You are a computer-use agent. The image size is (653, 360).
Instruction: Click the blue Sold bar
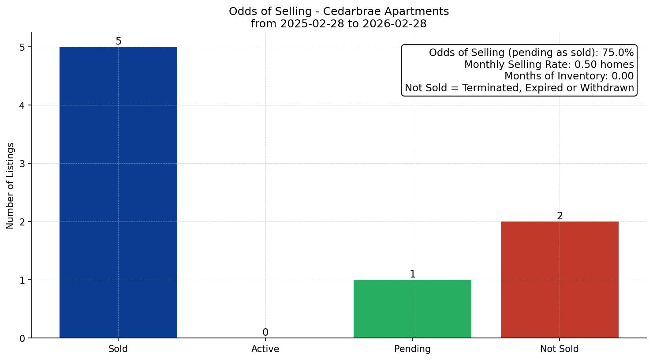pos(118,192)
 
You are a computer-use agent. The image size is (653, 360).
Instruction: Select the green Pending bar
pos(412,309)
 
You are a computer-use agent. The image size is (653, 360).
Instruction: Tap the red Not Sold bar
pos(560,280)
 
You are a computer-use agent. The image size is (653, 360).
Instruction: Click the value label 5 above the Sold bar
pos(118,41)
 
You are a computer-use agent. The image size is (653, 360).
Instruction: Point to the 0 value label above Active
pos(265,333)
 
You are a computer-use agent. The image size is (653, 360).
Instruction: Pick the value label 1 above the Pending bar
pos(412,274)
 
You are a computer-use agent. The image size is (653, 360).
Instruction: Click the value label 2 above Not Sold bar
pos(560,216)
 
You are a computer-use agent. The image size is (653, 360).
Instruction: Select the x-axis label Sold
pos(118,349)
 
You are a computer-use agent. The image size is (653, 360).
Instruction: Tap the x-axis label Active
pos(265,349)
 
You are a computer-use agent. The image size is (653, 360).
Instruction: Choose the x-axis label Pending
pos(412,349)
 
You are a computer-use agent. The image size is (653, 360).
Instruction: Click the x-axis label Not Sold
pos(560,349)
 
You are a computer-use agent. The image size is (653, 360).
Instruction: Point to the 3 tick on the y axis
pos(22,164)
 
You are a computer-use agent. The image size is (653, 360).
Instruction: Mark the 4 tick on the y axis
pos(22,105)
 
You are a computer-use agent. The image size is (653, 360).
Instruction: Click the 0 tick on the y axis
pos(22,338)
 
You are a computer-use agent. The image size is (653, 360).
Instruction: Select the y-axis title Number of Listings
pos(11,185)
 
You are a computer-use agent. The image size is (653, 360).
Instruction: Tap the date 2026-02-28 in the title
pos(394,24)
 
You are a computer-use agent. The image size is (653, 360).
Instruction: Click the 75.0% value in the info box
pos(617,53)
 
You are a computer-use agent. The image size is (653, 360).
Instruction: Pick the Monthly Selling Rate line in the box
pos(549,65)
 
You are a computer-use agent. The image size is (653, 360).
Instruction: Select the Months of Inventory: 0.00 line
pos(569,76)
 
